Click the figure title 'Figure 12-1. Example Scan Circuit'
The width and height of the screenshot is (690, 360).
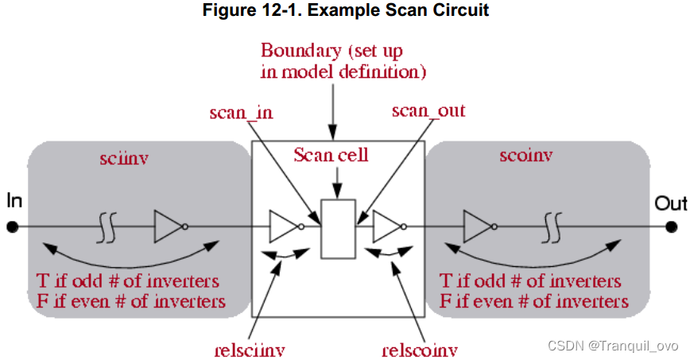tap(344, 13)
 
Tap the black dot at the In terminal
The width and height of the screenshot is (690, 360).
tap(12, 227)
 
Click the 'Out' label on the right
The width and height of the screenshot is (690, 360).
tap(670, 203)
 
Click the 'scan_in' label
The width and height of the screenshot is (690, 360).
tap(241, 112)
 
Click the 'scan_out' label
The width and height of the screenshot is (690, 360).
tap(428, 110)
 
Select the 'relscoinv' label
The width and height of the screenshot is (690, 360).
tap(420, 347)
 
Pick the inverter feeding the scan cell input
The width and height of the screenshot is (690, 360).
tap(284, 227)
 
